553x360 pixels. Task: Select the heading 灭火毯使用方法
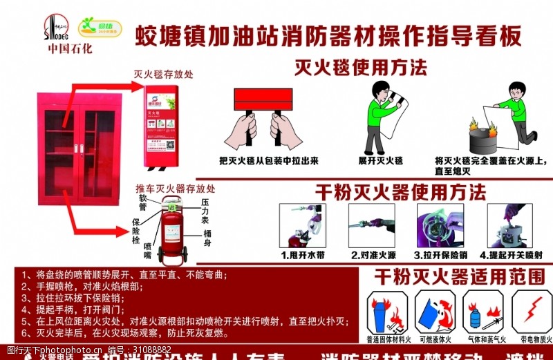coord(360,67)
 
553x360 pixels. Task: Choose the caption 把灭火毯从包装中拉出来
coord(268,160)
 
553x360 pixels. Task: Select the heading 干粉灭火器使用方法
coord(400,191)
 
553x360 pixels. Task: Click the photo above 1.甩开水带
coord(301,225)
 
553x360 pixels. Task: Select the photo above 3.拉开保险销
coord(440,225)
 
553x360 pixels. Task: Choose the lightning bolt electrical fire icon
coord(534,310)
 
